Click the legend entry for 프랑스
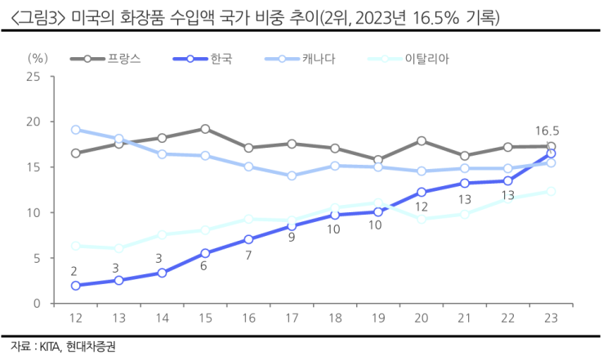click(x=124, y=59)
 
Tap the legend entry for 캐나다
click(x=318, y=59)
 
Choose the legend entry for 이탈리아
click(x=427, y=59)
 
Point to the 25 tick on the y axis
click(x=33, y=77)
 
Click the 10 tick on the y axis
click(x=33, y=212)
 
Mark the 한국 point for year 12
click(x=75, y=286)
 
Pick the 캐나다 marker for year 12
click(x=75, y=130)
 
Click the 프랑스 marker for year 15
click(x=205, y=129)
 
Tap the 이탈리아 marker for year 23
click(x=551, y=191)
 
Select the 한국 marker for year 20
click(x=421, y=193)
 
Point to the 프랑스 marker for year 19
click(x=377, y=160)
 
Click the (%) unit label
click(x=38, y=58)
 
